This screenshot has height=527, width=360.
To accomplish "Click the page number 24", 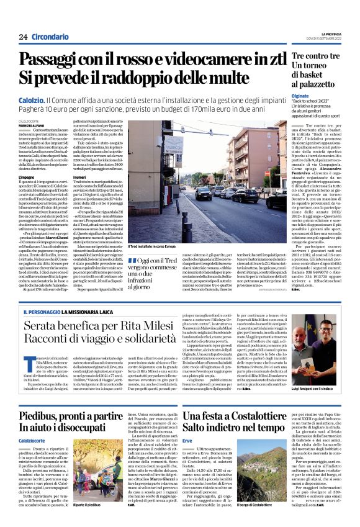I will coord(23,37).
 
